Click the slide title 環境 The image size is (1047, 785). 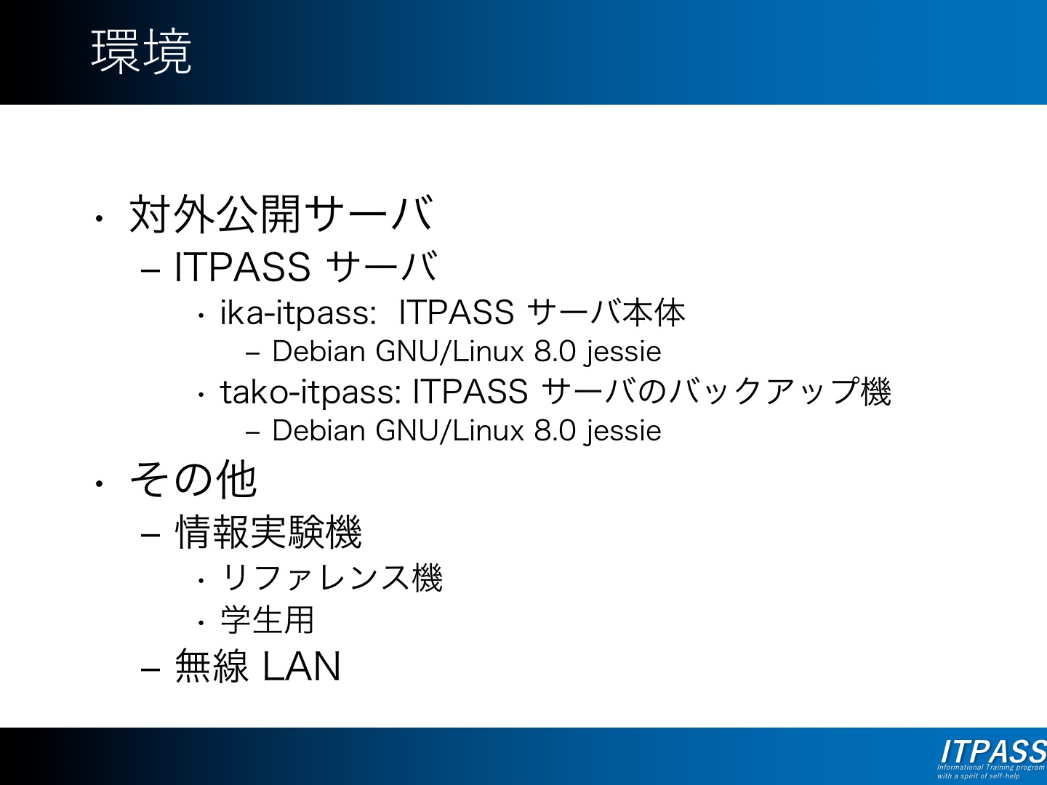[x=141, y=51]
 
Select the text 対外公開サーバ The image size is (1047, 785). [x=281, y=214]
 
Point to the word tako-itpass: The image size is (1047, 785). [x=310, y=392]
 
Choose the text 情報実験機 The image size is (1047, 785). [x=268, y=532]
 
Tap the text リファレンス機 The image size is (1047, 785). [x=332, y=578]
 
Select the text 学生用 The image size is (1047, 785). [x=267, y=620]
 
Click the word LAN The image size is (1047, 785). [x=302, y=667]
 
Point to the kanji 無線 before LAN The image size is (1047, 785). [x=212, y=667]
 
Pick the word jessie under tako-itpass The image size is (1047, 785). [x=623, y=432]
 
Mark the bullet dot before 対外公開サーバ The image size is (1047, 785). [x=99, y=219]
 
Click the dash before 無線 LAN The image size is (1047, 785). [x=151, y=669]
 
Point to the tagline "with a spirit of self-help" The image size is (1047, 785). [x=978, y=776]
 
